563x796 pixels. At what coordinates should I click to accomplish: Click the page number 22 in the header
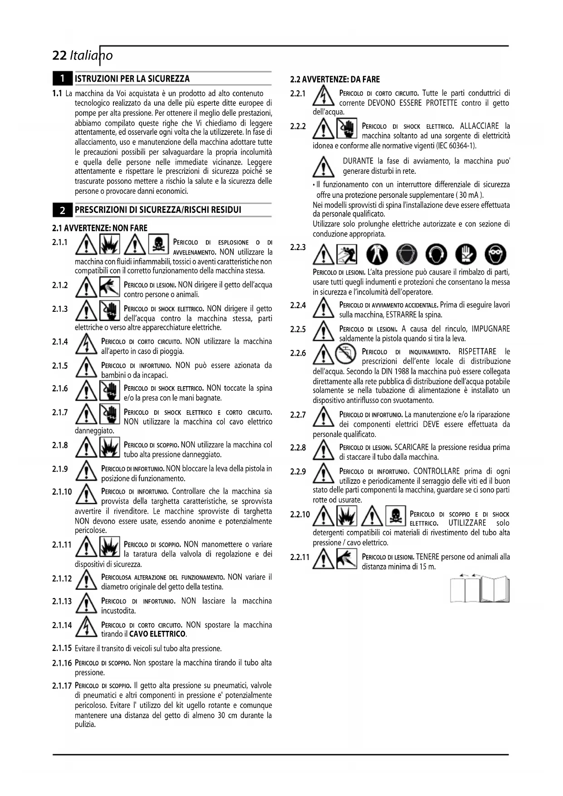point(59,55)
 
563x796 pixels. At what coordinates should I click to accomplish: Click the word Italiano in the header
point(91,55)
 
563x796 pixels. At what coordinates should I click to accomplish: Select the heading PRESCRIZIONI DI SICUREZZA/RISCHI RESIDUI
point(158,210)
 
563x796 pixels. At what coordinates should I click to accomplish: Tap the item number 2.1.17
point(62,686)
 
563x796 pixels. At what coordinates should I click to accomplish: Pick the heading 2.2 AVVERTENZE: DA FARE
point(335,79)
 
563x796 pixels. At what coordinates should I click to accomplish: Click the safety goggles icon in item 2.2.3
point(495,254)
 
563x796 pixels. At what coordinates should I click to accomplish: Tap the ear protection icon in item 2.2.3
point(439,254)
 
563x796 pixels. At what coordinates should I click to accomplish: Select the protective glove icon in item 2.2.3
point(467,254)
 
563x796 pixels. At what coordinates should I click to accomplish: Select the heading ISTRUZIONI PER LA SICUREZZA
point(132,79)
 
